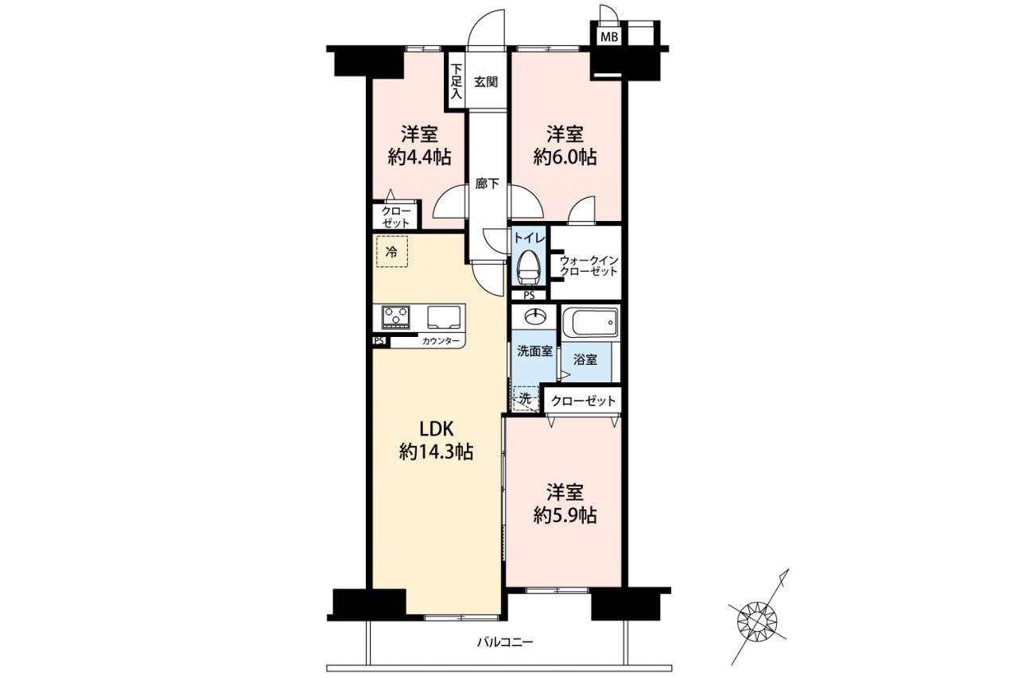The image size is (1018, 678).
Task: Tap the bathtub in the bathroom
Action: click(590, 322)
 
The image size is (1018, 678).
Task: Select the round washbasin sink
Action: click(534, 316)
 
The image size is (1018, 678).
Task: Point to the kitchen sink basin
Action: click(444, 316)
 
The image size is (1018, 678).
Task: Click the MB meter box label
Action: click(609, 37)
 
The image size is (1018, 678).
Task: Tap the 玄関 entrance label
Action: click(486, 82)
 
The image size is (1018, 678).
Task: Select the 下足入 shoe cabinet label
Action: click(456, 81)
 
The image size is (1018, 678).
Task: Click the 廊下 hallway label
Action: click(488, 184)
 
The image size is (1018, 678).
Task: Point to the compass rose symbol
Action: click(756, 620)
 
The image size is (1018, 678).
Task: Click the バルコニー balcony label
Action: click(505, 642)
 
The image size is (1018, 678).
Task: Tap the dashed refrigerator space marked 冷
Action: click(392, 251)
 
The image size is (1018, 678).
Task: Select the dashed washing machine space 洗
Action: click(526, 399)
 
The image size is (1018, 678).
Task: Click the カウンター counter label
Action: click(441, 341)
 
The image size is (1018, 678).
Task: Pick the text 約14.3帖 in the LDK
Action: click(437, 451)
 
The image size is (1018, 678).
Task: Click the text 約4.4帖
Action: click(419, 157)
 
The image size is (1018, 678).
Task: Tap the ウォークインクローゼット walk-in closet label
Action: click(589, 266)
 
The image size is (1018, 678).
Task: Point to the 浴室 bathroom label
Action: click(585, 359)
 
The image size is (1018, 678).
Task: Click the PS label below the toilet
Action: click(529, 296)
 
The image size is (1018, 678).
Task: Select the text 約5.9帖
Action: click(565, 515)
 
